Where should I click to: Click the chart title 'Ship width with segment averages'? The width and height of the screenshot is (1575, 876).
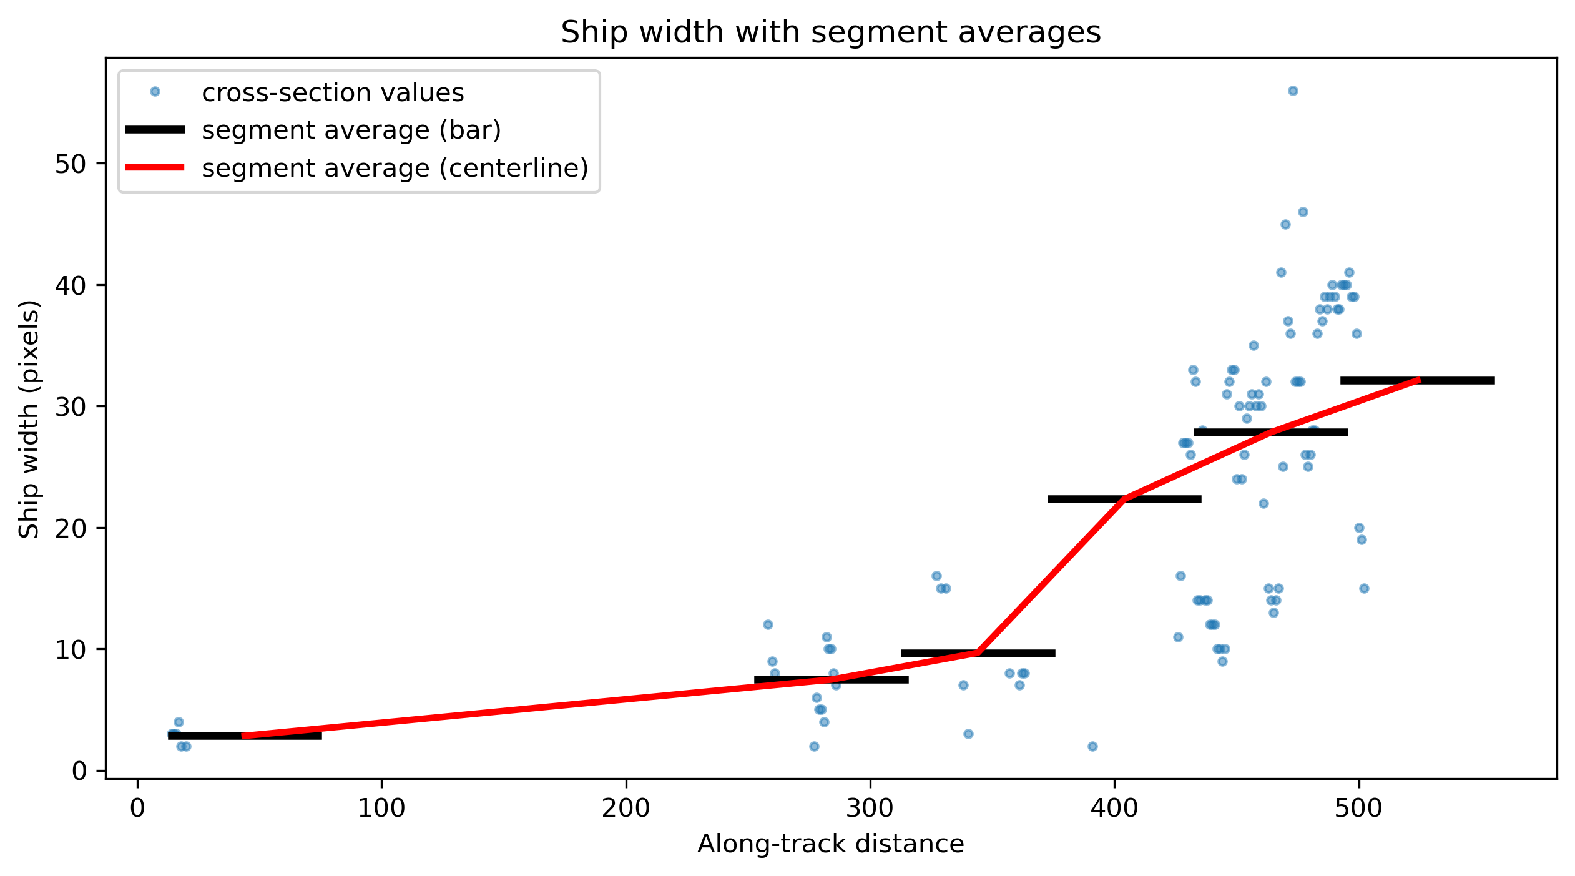[830, 32]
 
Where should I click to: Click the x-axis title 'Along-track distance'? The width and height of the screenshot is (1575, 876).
[830, 844]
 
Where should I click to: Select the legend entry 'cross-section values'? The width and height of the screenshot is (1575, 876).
[333, 92]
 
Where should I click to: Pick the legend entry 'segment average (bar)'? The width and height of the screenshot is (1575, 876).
[351, 130]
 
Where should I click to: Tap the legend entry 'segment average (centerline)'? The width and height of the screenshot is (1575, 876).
[395, 168]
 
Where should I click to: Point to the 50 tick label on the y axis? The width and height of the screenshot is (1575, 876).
[70, 164]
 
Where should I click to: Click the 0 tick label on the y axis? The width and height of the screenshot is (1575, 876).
[79, 771]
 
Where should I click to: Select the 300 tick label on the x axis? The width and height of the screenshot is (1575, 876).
[870, 808]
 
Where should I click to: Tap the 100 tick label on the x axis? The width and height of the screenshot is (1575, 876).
[381, 808]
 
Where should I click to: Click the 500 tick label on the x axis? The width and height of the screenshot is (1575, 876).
[1358, 808]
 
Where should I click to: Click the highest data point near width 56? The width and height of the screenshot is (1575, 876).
[1293, 91]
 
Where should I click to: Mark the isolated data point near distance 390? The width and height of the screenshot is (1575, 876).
[1092, 746]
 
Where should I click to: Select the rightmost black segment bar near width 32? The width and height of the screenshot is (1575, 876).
[1418, 380]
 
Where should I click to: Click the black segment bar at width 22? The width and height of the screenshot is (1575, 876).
[1124, 499]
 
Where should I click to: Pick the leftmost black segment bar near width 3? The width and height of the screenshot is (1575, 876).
[245, 736]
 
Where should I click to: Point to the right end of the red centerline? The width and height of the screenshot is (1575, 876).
[1419, 380]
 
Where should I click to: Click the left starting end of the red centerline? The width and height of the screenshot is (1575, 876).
[244, 736]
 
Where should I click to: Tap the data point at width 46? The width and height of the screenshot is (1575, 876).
[1303, 212]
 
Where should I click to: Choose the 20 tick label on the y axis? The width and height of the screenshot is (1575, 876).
[70, 528]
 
